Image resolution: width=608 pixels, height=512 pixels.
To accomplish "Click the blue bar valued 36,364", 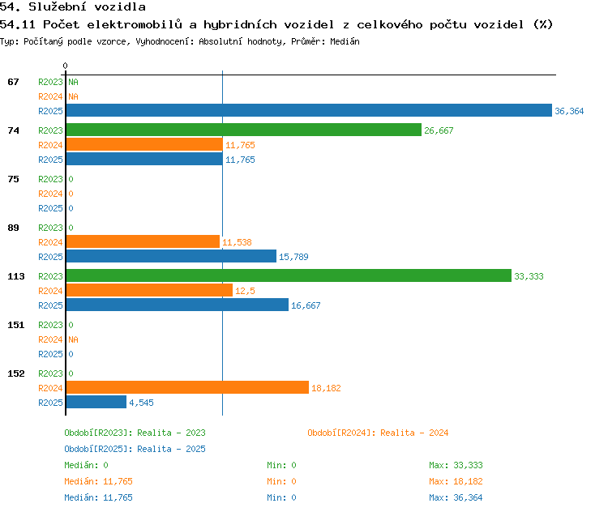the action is pyautogui.click(x=309, y=110).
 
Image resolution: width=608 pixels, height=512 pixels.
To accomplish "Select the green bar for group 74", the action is pyautogui.click(x=244, y=130).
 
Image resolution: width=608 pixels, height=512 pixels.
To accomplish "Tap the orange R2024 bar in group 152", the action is pyautogui.click(x=188, y=387).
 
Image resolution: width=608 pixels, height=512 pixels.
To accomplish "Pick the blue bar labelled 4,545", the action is pyautogui.click(x=96, y=402).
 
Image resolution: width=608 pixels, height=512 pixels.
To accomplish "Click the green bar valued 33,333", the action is pyautogui.click(x=289, y=275).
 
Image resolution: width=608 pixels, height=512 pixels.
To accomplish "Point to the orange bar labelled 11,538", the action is pyautogui.click(x=143, y=241).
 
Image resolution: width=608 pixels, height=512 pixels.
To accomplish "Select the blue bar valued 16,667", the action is pyautogui.click(x=178, y=305).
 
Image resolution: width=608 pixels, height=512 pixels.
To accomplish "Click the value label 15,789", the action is pyautogui.click(x=293, y=257).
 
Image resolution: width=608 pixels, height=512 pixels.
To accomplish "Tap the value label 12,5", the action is pyautogui.click(x=245, y=291).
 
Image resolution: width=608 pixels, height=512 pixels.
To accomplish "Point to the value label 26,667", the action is pyautogui.click(x=439, y=130).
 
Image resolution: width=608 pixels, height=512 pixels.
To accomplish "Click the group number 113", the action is pyautogui.click(x=16, y=276).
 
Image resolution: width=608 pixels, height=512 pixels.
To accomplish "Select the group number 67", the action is pyautogui.click(x=13, y=82).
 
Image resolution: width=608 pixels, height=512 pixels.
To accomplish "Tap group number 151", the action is pyautogui.click(x=16, y=325).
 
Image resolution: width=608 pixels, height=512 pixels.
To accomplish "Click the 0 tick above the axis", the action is pyautogui.click(x=65, y=66).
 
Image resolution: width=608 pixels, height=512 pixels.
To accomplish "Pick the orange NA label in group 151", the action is pyautogui.click(x=73, y=339).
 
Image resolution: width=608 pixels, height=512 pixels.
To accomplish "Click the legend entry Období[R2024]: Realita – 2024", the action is pyautogui.click(x=378, y=433).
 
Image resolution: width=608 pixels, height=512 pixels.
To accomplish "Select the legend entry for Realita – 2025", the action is pyautogui.click(x=135, y=449).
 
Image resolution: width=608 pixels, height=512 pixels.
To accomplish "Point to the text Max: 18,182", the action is pyautogui.click(x=456, y=481).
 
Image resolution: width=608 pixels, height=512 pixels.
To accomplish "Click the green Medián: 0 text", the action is pyautogui.click(x=86, y=465).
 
